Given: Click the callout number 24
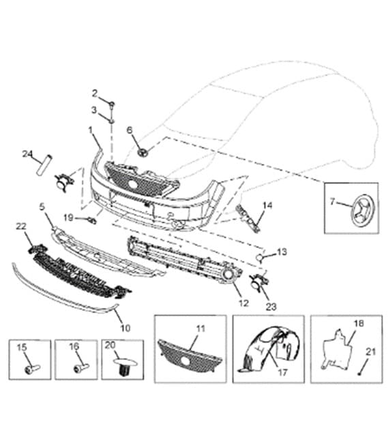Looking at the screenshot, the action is [x=27, y=154].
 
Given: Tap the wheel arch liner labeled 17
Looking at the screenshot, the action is [x=269, y=348].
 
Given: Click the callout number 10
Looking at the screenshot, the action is [x=125, y=328].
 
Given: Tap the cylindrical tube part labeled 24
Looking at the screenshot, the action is [x=44, y=164].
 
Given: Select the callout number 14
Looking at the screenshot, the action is [x=267, y=205].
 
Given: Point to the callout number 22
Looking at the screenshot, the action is [x=21, y=227].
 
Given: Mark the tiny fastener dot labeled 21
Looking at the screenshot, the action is [x=359, y=374].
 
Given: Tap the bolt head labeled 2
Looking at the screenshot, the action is [x=112, y=104].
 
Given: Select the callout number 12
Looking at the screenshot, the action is [x=243, y=303].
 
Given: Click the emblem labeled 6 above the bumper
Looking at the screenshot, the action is [x=143, y=152].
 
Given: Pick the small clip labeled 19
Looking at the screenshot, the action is [x=92, y=220].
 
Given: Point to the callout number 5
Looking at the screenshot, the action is [x=42, y=207].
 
